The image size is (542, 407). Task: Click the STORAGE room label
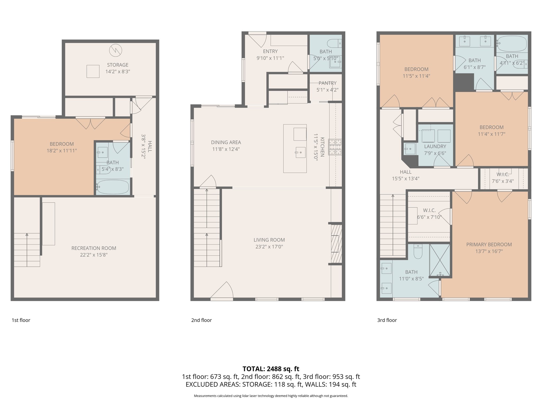[x=118, y=65]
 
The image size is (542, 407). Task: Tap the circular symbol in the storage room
[x=116, y=50]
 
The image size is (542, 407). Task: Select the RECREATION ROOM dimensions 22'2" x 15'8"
[x=94, y=255]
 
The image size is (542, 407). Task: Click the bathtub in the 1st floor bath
[x=113, y=187]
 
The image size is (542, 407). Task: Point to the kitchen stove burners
[x=335, y=147]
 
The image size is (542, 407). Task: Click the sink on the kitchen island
[x=300, y=152]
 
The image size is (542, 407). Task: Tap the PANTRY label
[x=327, y=83]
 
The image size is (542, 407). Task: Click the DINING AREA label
[x=226, y=143]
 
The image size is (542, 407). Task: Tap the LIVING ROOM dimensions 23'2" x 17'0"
[x=269, y=247]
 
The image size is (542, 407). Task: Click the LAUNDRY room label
[x=435, y=147]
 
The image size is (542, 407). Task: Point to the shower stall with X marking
[x=440, y=260]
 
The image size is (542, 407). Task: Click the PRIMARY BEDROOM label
[x=489, y=245]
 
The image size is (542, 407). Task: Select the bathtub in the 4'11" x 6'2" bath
[x=512, y=44]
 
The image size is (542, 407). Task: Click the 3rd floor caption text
[x=387, y=320]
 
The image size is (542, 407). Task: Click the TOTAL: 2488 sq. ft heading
[x=271, y=369]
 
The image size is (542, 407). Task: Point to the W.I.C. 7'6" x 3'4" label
[x=503, y=178]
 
